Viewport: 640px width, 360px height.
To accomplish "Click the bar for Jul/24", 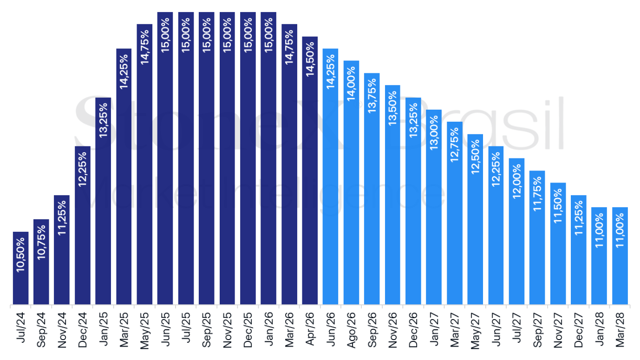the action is [x=20, y=268].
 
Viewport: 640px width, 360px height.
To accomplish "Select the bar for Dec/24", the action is [x=83, y=225].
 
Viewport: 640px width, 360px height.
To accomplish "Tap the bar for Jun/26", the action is [x=330, y=177].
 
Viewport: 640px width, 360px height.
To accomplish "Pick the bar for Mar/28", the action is [x=620, y=255].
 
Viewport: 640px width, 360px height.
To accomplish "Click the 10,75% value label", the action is [x=41, y=242].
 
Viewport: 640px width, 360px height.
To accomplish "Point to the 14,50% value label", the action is [x=310, y=59].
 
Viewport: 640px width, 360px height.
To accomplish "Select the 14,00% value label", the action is [x=351, y=84].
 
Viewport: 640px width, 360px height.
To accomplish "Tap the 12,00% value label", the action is [x=516, y=182].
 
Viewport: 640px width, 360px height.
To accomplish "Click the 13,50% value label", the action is [x=392, y=108].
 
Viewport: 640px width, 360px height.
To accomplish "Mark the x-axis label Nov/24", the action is [x=62, y=330].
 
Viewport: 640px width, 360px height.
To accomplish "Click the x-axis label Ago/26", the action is [x=351, y=330].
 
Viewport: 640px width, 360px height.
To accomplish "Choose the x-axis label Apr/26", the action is [x=310, y=329].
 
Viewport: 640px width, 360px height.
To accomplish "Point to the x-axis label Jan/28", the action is [x=599, y=329].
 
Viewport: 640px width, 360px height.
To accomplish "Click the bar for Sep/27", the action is [x=537, y=237].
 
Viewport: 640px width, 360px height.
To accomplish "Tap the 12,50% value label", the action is [x=475, y=157].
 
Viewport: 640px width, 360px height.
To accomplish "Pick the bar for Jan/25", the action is [x=103, y=201].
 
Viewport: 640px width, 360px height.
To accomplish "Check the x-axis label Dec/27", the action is [x=579, y=330].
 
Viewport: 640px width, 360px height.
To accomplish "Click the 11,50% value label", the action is [x=558, y=206].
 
